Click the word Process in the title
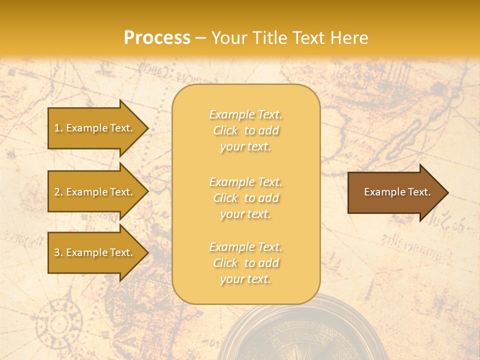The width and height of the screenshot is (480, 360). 157,38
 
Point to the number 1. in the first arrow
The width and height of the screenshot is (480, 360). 58,128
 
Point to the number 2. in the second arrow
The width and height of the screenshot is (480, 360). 58,192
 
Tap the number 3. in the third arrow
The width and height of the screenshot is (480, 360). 58,252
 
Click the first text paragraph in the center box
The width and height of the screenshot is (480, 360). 246,130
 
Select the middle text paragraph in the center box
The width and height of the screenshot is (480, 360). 246,198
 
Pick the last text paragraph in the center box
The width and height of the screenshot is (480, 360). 246,263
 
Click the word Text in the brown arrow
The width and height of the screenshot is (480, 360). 419,192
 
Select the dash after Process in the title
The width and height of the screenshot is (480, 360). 201,38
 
